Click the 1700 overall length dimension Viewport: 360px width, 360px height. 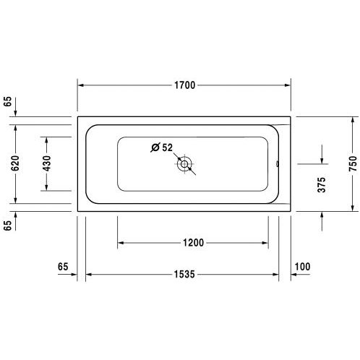(x=184, y=85)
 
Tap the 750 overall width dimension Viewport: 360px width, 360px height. (x=353, y=164)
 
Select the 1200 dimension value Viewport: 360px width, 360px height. (x=193, y=243)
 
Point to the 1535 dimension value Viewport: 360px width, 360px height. (x=184, y=274)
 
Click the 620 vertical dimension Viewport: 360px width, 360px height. (x=15, y=163)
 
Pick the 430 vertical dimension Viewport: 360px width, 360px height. (x=47, y=163)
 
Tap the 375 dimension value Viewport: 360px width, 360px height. (x=322, y=185)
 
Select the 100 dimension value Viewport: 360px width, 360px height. (x=302, y=267)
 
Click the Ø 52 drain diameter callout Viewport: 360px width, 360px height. (x=162, y=147)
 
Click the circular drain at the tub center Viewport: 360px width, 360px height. (x=184, y=164)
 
